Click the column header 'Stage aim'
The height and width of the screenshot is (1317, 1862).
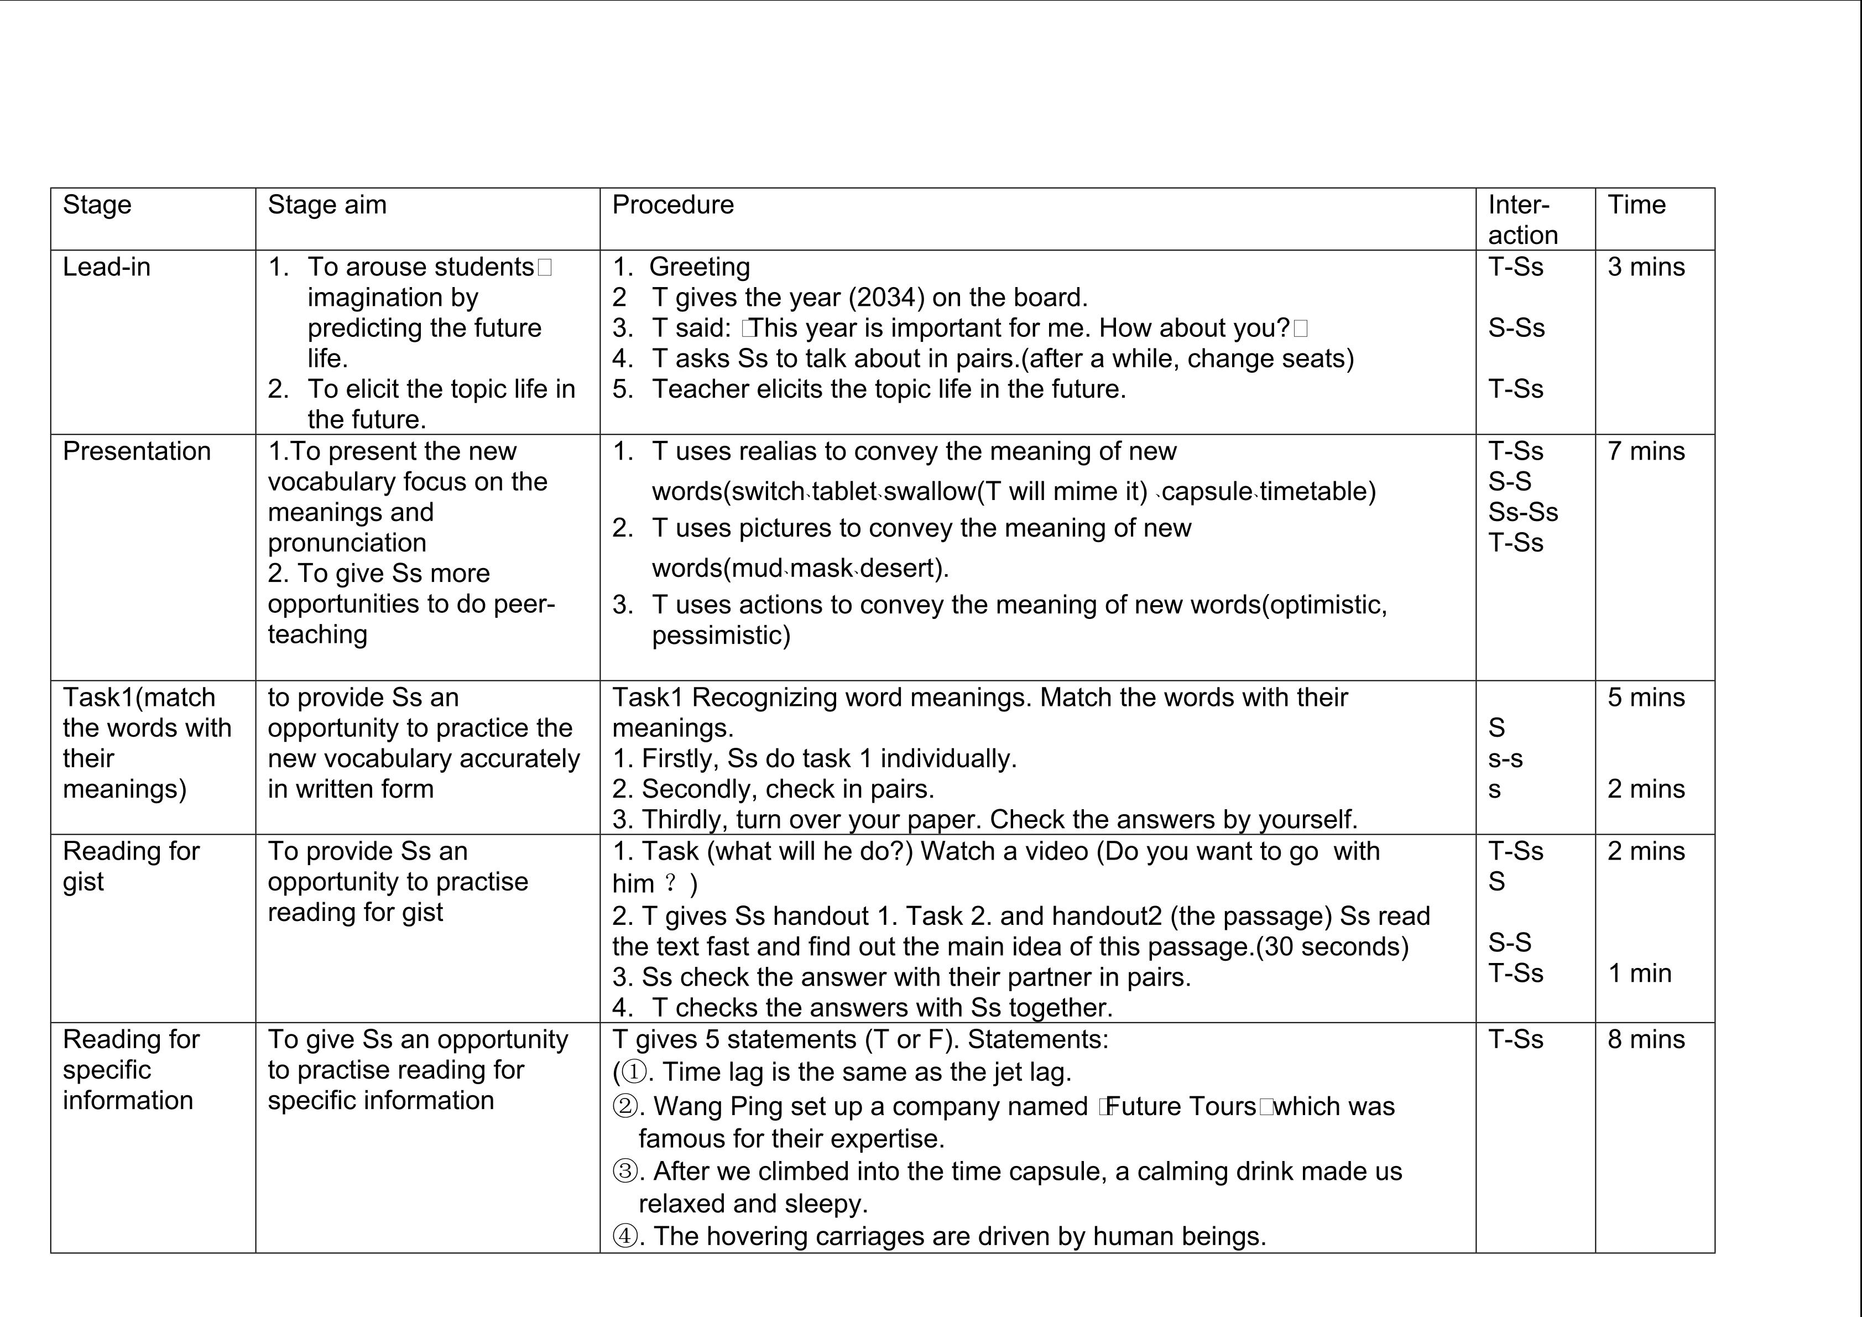pos(327,205)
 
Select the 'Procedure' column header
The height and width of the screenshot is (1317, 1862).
pos(672,205)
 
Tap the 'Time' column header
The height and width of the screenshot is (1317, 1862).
pos(1636,205)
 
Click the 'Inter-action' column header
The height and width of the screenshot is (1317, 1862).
pos(1522,220)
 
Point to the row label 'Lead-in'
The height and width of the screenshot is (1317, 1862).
pos(106,267)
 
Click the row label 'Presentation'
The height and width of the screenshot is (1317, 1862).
pos(136,451)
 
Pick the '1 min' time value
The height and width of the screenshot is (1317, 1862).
pos(1639,973)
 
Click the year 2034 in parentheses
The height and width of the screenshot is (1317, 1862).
pos(886,298)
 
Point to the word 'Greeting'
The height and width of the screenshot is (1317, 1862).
pos(699,267)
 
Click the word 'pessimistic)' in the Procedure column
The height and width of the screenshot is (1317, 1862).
pos(721,635)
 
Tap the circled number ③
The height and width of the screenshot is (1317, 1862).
pos(624,1171)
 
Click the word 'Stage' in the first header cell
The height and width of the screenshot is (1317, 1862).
pos(97,205)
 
